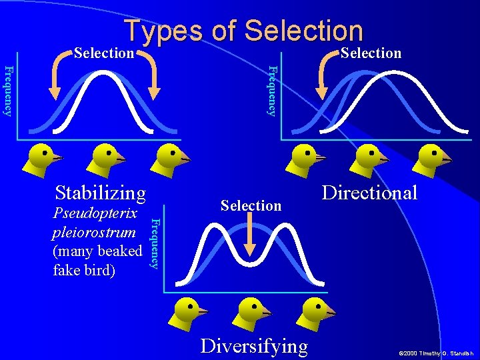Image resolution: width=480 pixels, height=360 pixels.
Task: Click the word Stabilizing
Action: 101,193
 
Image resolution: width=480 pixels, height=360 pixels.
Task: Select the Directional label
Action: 369,193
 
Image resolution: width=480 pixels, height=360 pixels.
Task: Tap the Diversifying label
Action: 254,346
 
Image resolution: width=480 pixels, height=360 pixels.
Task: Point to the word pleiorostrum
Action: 93,233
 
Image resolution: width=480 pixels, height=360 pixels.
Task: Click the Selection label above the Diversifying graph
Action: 251,205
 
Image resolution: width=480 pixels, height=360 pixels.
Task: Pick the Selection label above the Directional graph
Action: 371,53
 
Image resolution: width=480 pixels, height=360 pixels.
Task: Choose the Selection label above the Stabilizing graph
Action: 104,53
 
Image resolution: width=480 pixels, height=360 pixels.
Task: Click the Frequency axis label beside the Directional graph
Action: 271,90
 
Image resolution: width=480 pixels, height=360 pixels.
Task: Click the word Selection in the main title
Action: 304,31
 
